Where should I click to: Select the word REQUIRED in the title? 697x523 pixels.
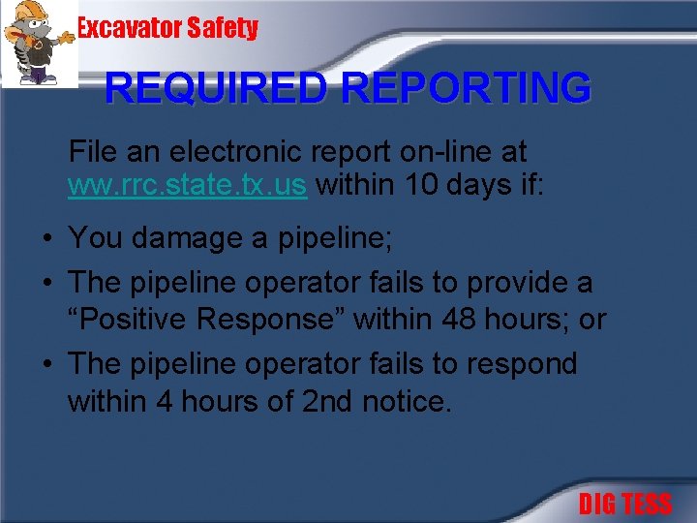[x=219, y=88]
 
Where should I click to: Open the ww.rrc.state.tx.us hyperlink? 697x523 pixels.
[x=187, y=185]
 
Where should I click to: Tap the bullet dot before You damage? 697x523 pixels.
[x=46, y=237]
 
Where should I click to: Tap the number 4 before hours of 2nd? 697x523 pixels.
[x=167, y=399]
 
